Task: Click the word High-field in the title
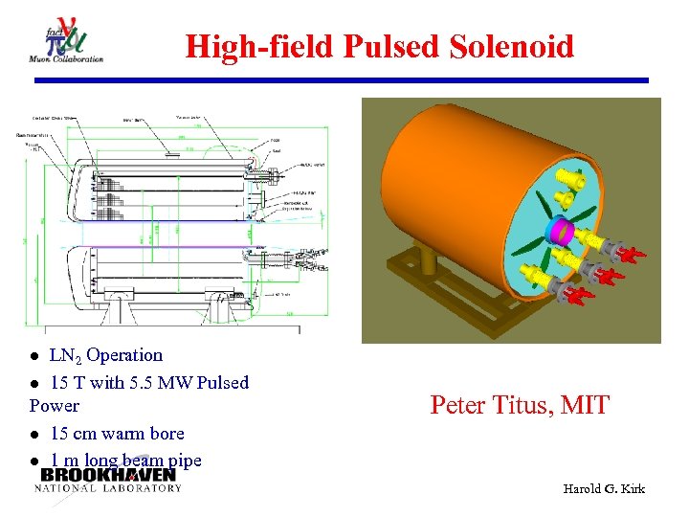coord(251,46)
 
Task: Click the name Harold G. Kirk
coord(605,489)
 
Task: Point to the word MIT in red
coord(584,405)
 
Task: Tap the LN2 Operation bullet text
coord(106,355)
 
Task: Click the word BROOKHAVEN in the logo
coord(108,475)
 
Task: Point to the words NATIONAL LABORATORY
coord(107,488)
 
